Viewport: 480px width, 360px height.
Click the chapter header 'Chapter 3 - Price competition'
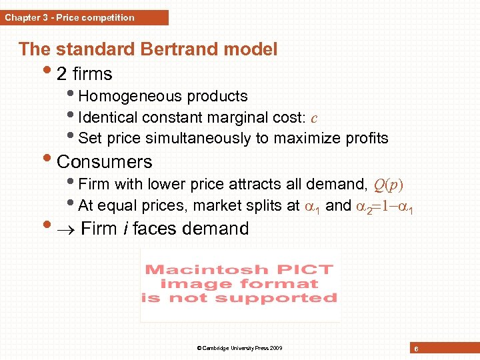pos(70,18)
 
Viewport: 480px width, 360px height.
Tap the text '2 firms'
pos(85,73)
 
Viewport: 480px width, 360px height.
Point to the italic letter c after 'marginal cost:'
pos(313,118)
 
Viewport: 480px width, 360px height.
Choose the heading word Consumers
pos(105,161)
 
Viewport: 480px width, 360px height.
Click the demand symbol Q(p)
pos(389,184)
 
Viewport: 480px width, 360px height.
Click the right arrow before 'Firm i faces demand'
pos(67,229)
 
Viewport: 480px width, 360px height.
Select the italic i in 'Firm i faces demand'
pos(125,229)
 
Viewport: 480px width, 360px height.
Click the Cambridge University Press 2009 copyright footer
pos(240,348)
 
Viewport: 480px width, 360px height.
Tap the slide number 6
pos(415,349)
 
